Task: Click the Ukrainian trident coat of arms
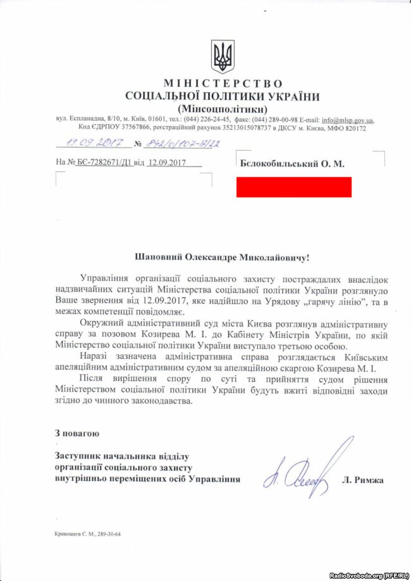coord(223,57)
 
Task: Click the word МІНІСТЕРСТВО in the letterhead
coord(223,84)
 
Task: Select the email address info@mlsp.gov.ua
coord(347,120)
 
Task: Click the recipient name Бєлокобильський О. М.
coord(292,163)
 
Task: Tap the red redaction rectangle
coord(294,186)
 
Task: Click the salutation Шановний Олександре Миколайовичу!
coord(223,258)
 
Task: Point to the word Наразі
coord(95,356)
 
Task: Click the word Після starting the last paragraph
coord(94,378)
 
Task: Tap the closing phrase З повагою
coord(77,434)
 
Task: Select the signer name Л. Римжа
coord(362,480)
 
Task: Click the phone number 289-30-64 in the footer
coord(107,534)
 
